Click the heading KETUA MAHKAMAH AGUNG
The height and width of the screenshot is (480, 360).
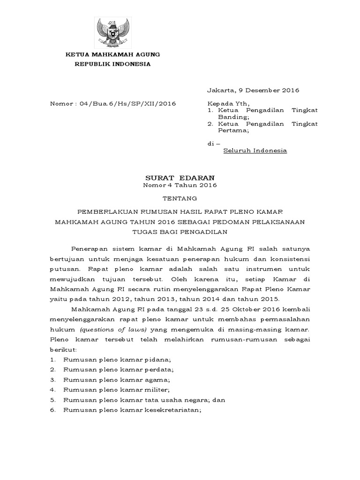coord(113,54)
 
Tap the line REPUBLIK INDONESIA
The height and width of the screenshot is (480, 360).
coord(113,64)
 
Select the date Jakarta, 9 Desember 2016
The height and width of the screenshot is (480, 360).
coord(253,90)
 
